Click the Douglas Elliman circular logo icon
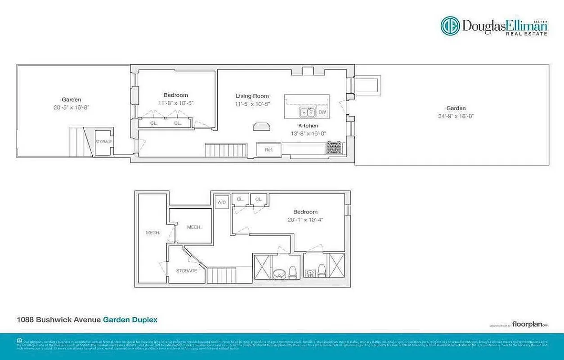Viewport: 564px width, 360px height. (x=450, y=26)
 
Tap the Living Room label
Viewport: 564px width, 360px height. (x=252, y=96)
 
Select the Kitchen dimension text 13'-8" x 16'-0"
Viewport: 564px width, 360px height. (x=308, y=133)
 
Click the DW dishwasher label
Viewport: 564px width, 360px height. (x=322, y=112)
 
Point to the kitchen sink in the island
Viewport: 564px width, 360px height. (x=307, y=112)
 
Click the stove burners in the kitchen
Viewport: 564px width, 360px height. (x=334, y=148)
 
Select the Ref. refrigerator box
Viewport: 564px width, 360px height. (x=269, y=149)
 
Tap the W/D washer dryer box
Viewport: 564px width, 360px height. (x=221, y=202)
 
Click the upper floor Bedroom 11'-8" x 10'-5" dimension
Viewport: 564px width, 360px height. (x=176, y=103)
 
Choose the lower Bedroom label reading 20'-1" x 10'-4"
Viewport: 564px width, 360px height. (x=305, y=220)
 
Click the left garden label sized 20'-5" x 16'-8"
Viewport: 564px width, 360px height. (x=72, y=108)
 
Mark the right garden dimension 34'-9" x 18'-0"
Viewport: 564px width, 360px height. (x=456, y=116)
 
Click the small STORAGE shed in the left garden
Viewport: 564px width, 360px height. (x=103, y=142)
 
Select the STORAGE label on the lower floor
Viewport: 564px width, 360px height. (x=187, y=270)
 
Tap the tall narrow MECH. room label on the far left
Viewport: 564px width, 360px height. (x=153, y=233)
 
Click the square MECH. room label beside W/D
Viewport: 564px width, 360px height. (x=194, y=227)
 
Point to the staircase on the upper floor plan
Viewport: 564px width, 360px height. (x=226, y=149)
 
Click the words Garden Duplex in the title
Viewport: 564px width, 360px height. (x=130, y=320)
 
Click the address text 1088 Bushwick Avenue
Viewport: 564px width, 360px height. (x=58, y=320)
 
